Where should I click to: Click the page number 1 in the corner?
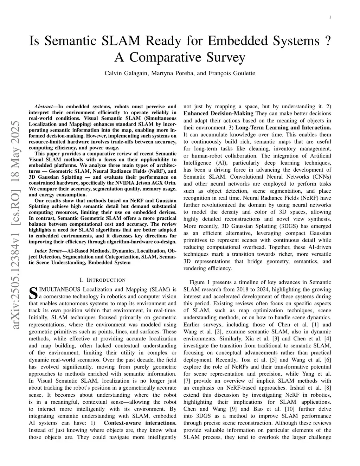point(330,17)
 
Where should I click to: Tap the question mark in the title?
point(328,41)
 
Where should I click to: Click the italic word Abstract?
point(44,107)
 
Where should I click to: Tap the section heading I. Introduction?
point(102,280)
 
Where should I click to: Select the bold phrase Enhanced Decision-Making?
point(218,114)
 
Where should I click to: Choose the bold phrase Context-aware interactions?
point(140,423)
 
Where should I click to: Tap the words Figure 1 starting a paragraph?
point(201,282)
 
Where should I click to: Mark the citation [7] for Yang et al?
point(187,381)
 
